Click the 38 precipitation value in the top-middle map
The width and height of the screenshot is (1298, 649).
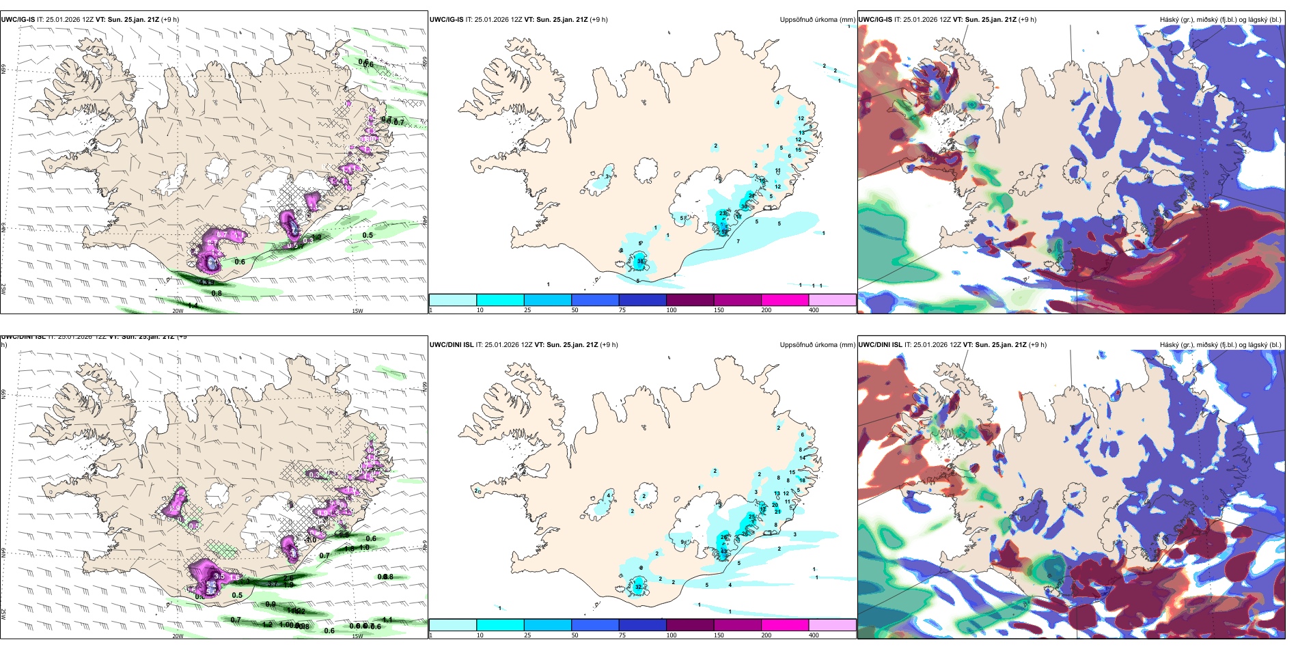click(640, 262)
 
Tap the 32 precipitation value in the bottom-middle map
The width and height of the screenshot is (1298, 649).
click(638, 587)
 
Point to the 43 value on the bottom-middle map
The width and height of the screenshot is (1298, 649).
click(723, 551)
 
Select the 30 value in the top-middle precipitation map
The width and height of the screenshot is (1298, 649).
click(745, 206)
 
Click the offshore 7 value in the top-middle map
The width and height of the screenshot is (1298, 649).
click(738, 241)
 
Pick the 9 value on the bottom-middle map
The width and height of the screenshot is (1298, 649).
click(682, 542)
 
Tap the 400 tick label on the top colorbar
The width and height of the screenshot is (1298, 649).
click(814, 310)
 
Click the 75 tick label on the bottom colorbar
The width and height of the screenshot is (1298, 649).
click(622, 635)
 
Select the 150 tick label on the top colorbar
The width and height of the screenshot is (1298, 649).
click(718, 310)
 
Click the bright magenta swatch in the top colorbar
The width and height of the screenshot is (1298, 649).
click(785, 300)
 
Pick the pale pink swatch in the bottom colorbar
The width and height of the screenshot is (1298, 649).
click(832, 625)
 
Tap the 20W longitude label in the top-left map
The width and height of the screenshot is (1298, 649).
click(178, 311)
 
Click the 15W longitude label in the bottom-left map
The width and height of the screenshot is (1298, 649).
click(357, 636)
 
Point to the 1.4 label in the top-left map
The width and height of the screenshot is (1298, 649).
click(193, 305)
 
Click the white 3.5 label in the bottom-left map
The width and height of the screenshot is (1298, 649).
click(219, 577)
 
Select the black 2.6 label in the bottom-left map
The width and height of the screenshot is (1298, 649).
click(288, 578)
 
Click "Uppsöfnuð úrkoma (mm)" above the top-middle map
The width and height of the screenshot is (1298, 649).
click(817, 20)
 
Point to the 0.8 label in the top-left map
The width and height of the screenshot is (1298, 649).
click(217, 293)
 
